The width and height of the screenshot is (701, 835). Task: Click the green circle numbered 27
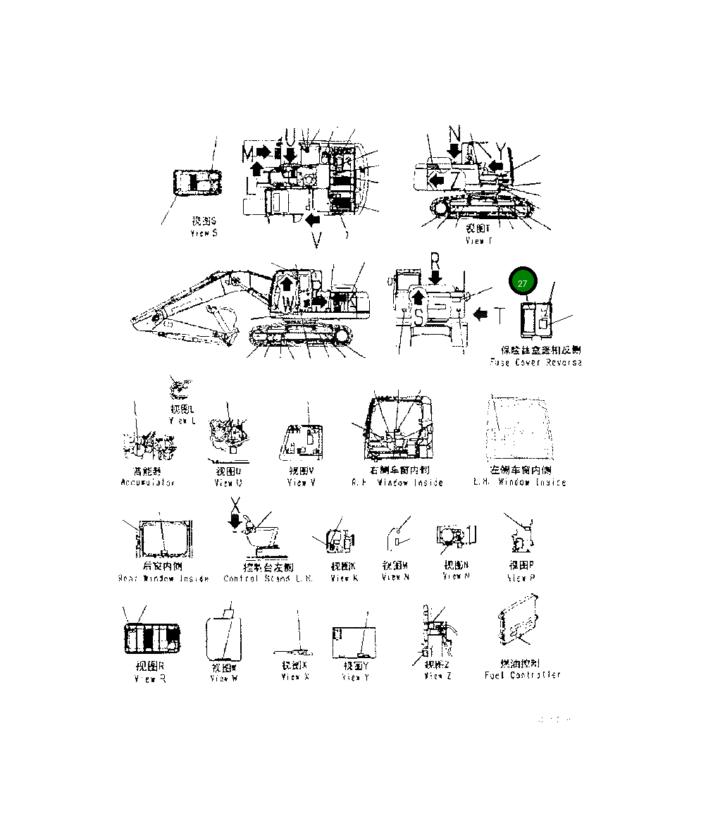pyautogui.click(x=522, y=283)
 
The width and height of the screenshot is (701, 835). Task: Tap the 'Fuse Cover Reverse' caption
pyautogui.click(x=536, y=362)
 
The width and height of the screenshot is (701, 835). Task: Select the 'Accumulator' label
pyautogui.click(x=147, y=483)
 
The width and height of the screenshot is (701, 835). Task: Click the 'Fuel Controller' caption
pyautogui.click(x=523, y=675)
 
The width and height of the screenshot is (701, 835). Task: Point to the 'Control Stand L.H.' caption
pyautogui.click(x=258, y=579)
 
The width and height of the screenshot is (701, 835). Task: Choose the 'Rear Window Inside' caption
pyautogui.click(x=163, y=579)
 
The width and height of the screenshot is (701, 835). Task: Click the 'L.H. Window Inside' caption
pyautogui.click(x=521, y=483)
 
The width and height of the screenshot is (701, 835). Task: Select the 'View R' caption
pyautogui.click(x=149, y=679)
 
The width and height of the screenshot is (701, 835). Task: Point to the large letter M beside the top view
pyautogui.click(x=247, y=153)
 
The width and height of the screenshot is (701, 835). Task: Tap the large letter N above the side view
pyautogui.click(x=454, y=134)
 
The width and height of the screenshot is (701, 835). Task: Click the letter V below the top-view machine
pyautogui.click(x=317, y=241)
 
